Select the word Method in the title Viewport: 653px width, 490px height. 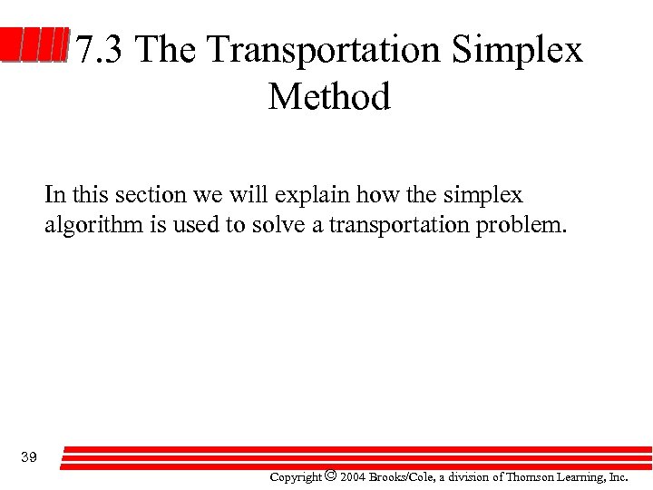point(329,96)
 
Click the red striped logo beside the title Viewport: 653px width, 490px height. point(34,46)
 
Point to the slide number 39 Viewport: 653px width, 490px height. point(28,456)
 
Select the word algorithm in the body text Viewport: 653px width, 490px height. point(92,224)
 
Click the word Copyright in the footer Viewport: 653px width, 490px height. point(296,476)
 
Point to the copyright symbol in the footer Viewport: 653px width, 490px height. point(330,475)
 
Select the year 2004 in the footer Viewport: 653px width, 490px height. point(353,476)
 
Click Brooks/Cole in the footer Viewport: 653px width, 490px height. point(399,476)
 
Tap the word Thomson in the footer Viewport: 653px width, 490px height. point(527,476)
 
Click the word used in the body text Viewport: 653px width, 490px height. point(197,224)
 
